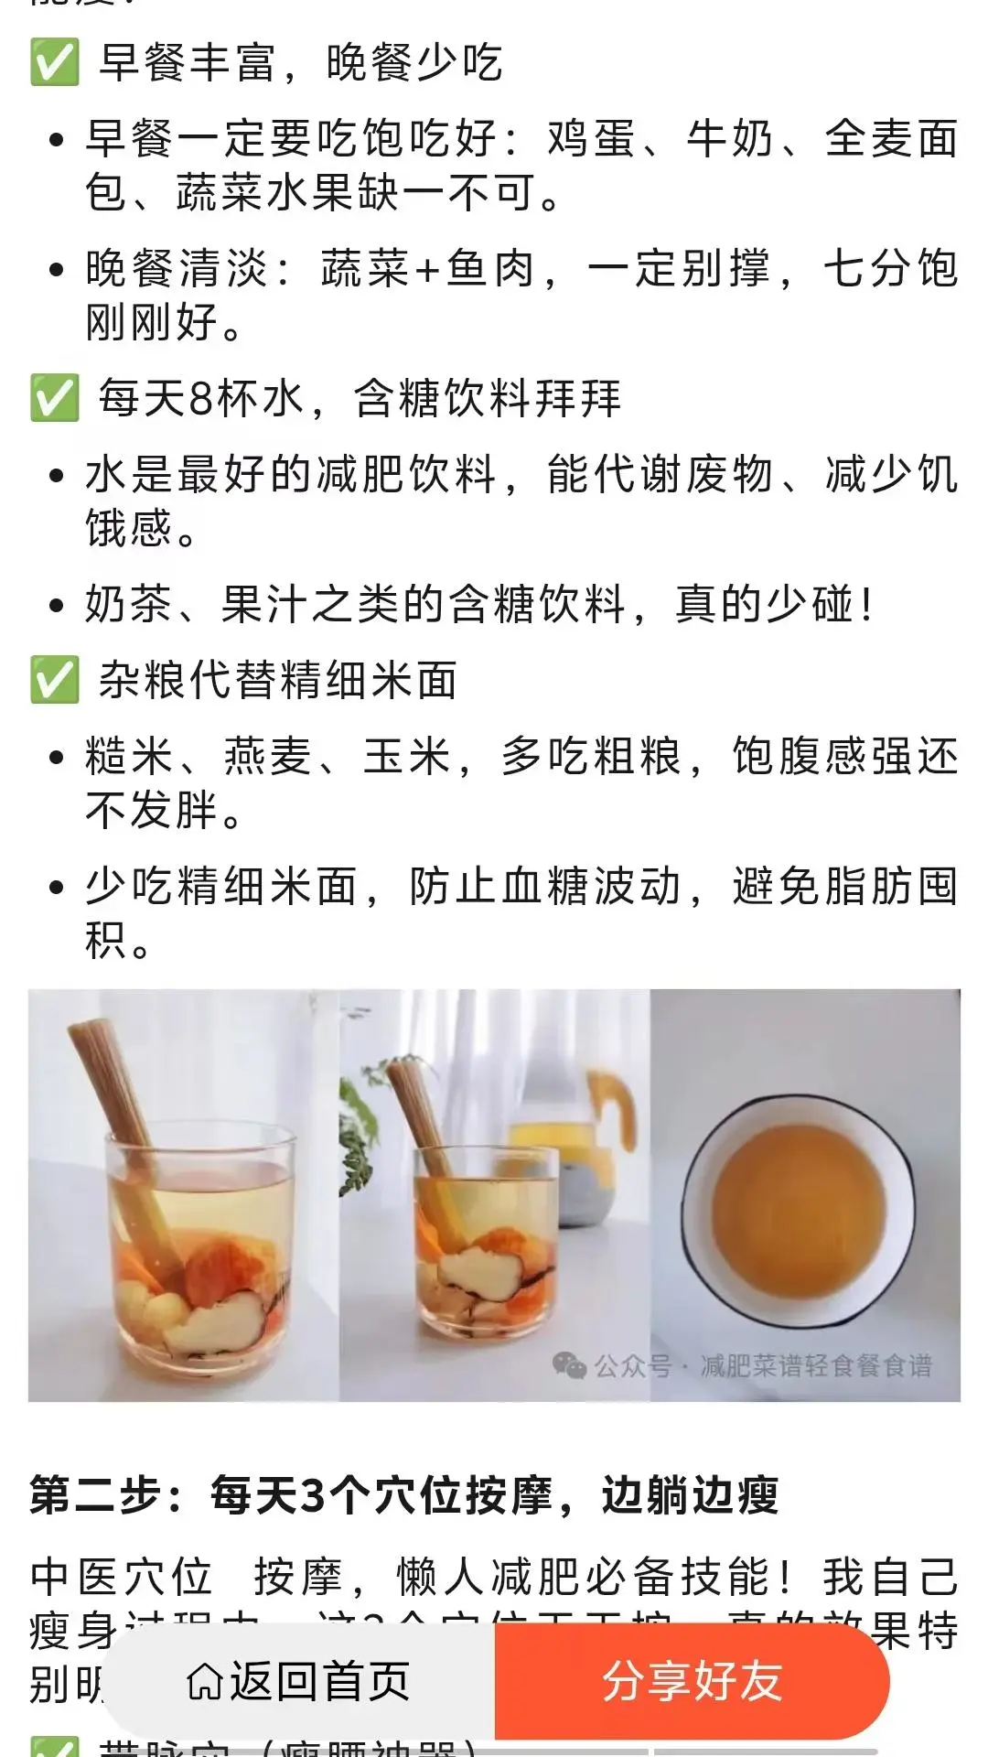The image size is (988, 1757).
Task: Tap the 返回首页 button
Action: pos(298,1681)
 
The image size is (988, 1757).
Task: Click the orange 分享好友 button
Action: pos(692,1681)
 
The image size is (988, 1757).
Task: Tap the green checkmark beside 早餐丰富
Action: pos(54,62)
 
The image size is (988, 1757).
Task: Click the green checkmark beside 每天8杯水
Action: pos(54,398)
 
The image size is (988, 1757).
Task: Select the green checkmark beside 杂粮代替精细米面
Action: pos(54,681)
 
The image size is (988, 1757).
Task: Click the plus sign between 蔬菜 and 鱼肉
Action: pos(427,270)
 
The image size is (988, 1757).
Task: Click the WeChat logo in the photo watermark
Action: pos(569,1366)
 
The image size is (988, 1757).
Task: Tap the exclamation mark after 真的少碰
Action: pos(865,605)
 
